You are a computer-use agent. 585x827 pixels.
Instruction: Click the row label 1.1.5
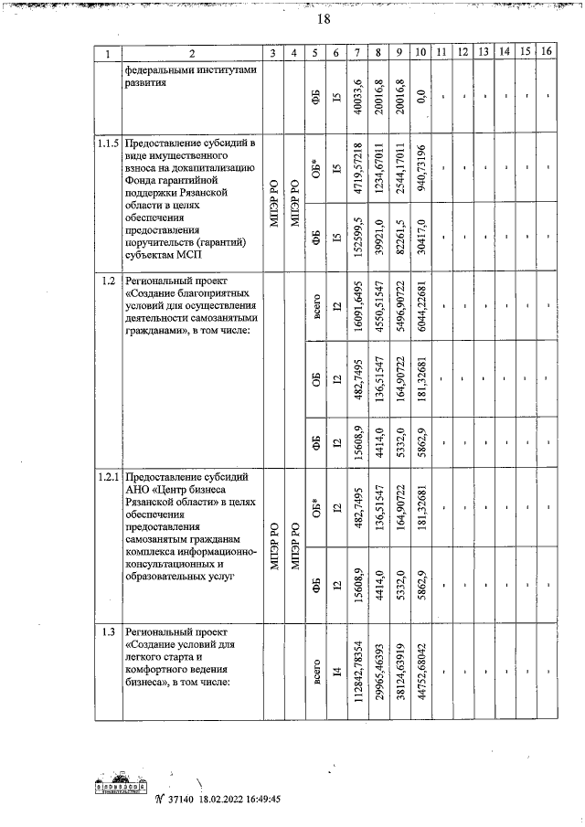(x=108, y=143)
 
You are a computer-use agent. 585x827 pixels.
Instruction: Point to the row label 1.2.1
(x=108, y=476)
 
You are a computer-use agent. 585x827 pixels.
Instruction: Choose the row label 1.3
(x=108, y=631)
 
